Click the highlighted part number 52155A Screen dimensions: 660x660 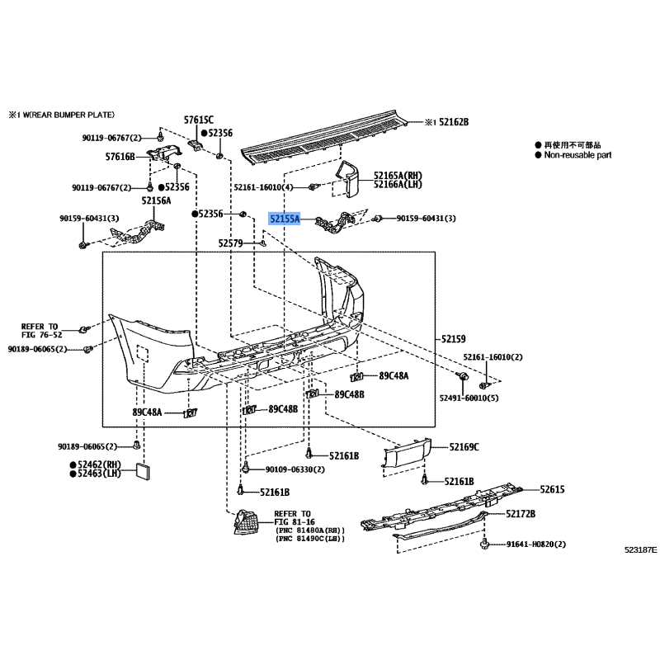pyautogui.click(x=285, y=219)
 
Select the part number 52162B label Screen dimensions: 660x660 pyautogui.click(x=452, y=122)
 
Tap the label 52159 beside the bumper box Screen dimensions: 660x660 pyautogui.click(x=453, y=338)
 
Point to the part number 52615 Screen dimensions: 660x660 pyautogui.click(x=552, y=489)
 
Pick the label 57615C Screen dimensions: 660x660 pyautogui.click(x=199, y=120)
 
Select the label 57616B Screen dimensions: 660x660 pyautogui.click(x=120, y=156)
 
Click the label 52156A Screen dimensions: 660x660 pyautogui.click(x=156, y=200)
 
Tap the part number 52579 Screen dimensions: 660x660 pyautogui.click(x=232, y=243)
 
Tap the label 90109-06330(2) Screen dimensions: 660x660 pyautogui.click(x=295, y=469)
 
